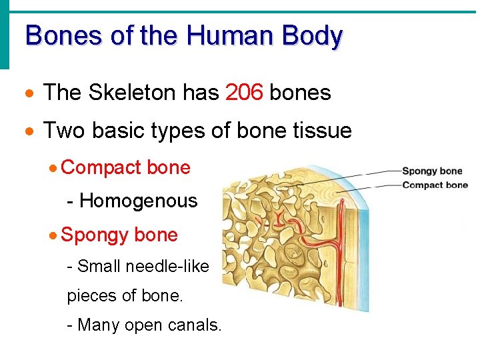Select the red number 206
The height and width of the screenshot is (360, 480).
point(244,93)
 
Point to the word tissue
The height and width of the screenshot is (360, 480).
point(319,131)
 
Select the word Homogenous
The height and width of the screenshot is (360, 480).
point(139,200)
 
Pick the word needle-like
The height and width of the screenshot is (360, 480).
point(172,267)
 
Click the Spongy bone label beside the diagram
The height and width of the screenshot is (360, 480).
point(431,171)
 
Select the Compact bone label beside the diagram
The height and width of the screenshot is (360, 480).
point(435,185)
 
